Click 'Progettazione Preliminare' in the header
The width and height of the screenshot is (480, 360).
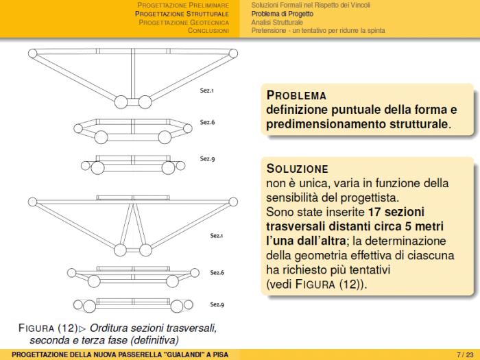coord(183,5)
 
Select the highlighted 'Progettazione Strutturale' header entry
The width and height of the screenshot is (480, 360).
coord(182,13)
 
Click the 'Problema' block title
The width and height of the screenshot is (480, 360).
coord(296,95)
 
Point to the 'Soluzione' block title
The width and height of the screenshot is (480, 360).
coord(298,169)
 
